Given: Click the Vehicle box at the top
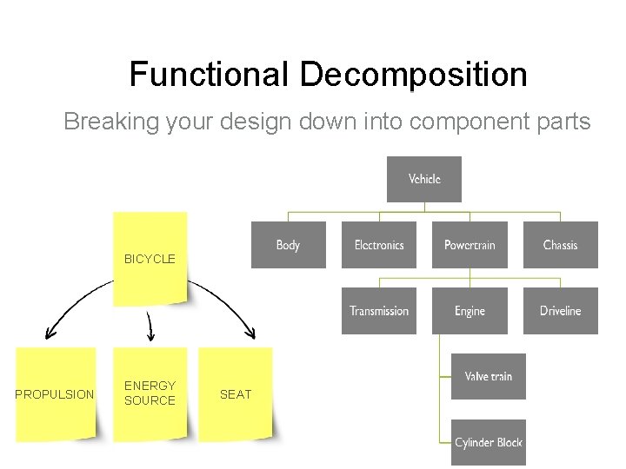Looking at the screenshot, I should (424, 180).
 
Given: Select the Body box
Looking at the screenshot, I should (288, 245).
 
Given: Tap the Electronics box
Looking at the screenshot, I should (379, 245).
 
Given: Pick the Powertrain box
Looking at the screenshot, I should (469, 245).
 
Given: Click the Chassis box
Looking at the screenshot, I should (560, 245).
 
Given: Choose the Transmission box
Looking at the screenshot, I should (379, 311).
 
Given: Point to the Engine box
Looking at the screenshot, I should (469, 311).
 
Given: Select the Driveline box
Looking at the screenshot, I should (560, 311).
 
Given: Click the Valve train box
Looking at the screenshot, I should (488, 377).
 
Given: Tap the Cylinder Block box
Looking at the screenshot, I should (488, 442).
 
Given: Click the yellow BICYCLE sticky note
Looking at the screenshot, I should (150, 259).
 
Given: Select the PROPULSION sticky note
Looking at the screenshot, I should (56, 394).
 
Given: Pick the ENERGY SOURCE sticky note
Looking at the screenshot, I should (150, 393).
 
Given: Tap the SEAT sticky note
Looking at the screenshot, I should (236, 394).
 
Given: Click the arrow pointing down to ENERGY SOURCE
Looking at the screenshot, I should (150, 327).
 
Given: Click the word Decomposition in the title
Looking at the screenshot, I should (413, 75).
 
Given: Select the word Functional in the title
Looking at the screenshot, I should (210, 75).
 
